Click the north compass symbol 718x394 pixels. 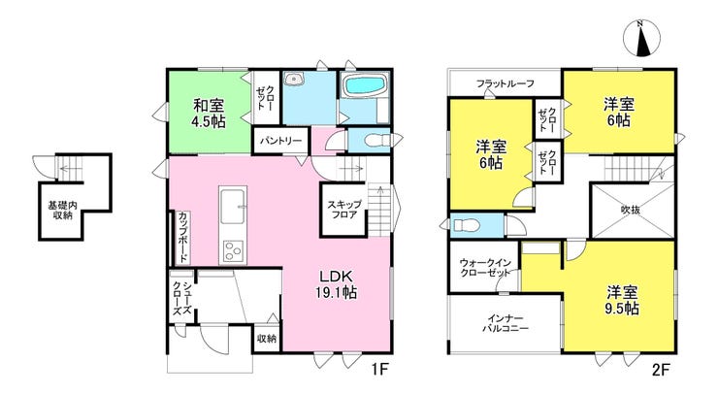coord(642,39)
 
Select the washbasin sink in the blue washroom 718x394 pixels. coord(294,80)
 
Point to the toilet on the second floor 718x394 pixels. coord(466,225)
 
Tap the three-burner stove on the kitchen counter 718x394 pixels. coord(233,251)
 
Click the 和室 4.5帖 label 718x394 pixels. coord(210,114)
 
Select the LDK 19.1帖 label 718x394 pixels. coord(336,284)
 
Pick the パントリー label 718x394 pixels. coord(281,141)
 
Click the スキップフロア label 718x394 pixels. coord(344,209)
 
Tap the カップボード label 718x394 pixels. coord(182,237)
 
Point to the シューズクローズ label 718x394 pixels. coord(181,298)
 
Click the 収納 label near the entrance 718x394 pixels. coord(267,339)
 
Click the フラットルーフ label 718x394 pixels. coord(506,83)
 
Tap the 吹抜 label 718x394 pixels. coord(631,210)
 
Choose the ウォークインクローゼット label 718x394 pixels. coord(484,268)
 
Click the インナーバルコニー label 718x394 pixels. coord(506,323)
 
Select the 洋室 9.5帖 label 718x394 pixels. coord(622,300)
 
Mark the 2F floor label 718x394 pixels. coord(660,368)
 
